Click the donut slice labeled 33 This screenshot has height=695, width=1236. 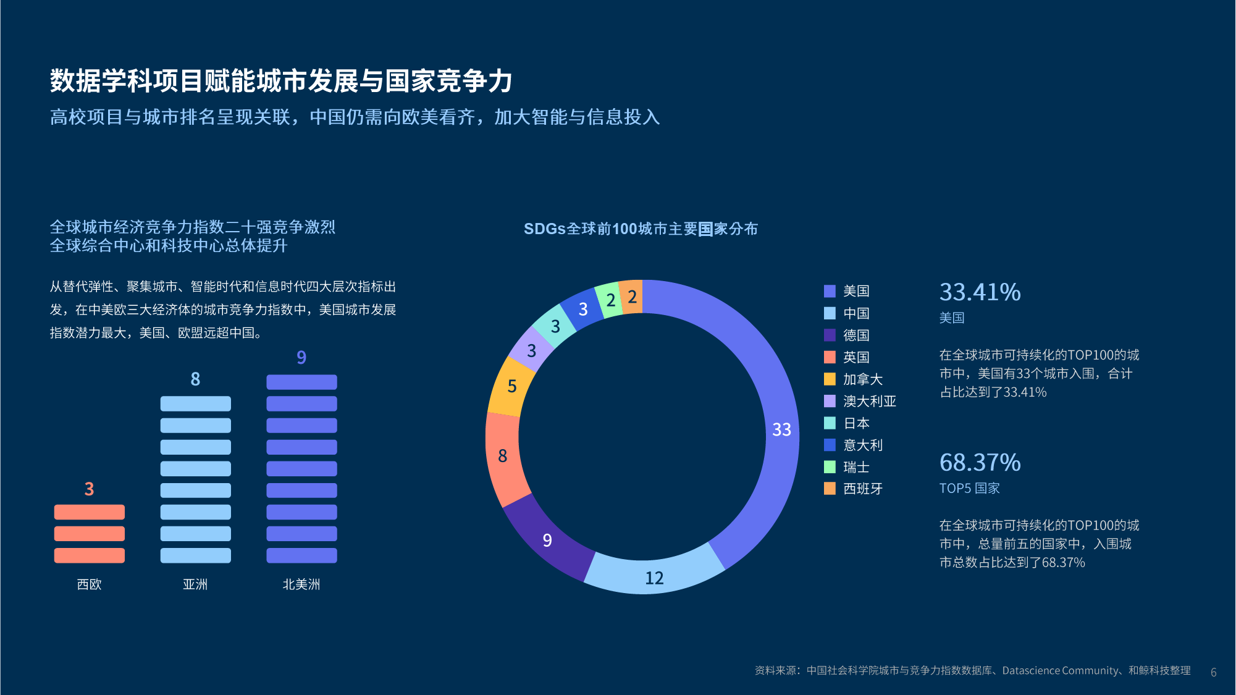(782, 429)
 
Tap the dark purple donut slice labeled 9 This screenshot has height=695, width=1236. (547, 540)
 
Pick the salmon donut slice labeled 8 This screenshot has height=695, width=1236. (503, 456)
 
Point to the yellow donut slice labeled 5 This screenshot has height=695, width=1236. (512, 386)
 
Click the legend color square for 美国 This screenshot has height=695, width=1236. (830, 291)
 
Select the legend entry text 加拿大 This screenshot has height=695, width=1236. (863, 379)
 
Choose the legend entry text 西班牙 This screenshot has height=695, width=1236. (863, 489)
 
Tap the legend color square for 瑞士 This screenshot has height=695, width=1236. (830, 467)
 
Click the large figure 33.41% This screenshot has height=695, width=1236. (980, 292)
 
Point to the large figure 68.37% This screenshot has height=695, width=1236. (980, 463)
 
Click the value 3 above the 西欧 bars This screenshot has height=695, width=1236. (90, 489)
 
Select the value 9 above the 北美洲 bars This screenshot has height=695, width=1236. (301, 357)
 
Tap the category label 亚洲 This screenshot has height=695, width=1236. (195, 584)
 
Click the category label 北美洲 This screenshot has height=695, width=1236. (301, 584)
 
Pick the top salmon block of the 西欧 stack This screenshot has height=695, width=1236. (90, 512)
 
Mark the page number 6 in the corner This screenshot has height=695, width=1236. (1214, 672)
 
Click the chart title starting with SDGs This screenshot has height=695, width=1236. (641, 229)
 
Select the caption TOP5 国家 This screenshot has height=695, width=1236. (969, 488)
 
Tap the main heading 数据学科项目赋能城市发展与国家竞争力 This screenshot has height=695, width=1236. (281, 81)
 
